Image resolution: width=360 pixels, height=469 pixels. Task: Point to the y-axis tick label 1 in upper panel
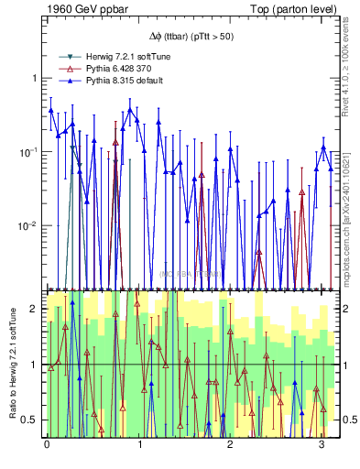(x=36, y=78)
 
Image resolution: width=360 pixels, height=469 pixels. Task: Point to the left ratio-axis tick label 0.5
(x=31, y=420)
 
